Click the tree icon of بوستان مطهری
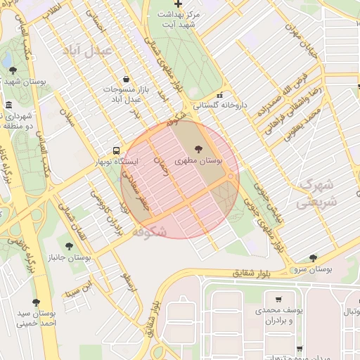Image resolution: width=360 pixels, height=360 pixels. click(197, 148)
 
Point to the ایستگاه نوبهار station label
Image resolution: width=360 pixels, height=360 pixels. click(117, 162)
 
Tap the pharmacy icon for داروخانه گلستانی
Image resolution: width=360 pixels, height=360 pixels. click(220, 96)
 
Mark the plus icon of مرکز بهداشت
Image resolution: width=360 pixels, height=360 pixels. click(179, 4)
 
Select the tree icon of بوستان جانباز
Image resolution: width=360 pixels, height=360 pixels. click(68, 246)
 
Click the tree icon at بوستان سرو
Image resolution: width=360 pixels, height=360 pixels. click(313, 258)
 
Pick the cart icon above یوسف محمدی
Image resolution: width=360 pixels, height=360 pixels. click(279, 300)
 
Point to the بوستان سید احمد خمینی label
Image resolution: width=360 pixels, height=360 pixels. click(37, 318)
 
